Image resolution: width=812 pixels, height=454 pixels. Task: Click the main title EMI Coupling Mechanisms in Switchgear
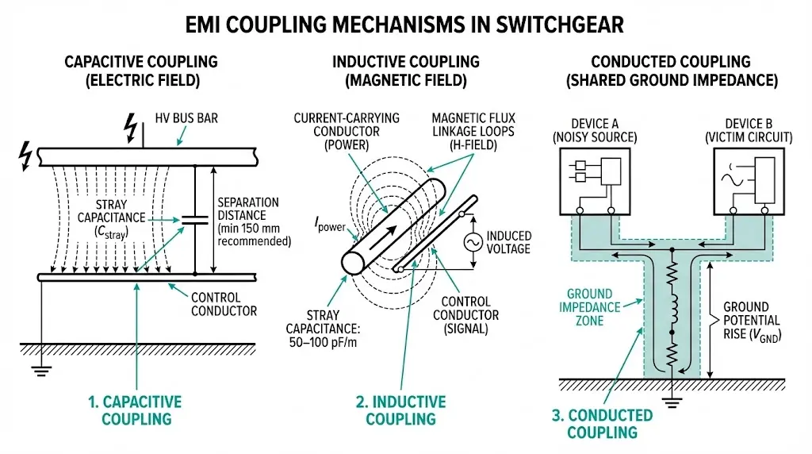pyautogui.click(x=405, y=25)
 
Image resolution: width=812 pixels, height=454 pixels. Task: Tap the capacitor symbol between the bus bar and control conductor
pyautogui.click(x=194, y=220)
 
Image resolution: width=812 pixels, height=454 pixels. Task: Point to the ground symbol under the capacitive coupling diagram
pyautogui.click(x=40, y=367)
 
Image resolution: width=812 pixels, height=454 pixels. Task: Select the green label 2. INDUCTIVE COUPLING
pyautogui.click(x=400, y=410)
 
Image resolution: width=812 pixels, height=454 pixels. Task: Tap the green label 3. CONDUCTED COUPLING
pyautogui.click(x=602, y=424)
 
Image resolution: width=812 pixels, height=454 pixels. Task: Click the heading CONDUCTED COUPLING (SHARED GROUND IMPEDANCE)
pyautogui.click(x=671, y=71)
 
